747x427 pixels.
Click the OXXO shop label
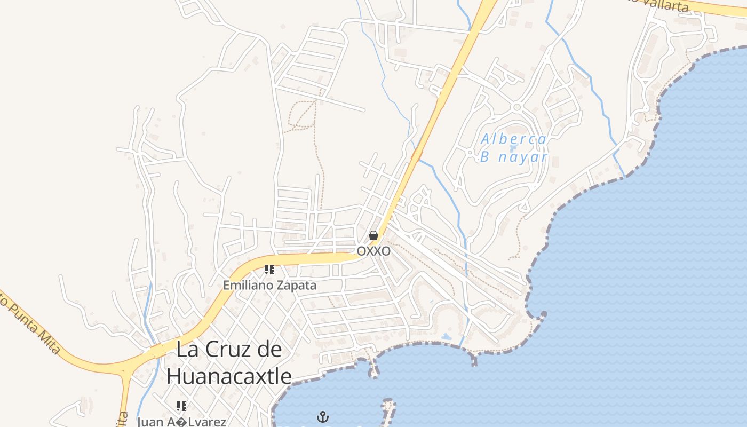click(x=373, y=251)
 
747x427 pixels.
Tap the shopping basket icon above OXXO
click(x=373, y=235)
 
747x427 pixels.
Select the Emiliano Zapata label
click(x=269, y=285)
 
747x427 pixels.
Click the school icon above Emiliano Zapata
click(x=269, y=270)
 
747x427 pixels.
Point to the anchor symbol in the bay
click(x=322, y=416)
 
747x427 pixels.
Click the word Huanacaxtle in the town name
click(x=229, y=376)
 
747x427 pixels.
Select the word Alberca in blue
click(x=513, y=140)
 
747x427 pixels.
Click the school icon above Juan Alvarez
click(x=181, y=406)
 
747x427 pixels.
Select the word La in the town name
click(x=186, y=350)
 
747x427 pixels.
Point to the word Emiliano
click(x=247, y=285)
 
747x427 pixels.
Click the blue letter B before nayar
click(x=484, y=157)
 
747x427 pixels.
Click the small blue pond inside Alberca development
click(x=513, y=148)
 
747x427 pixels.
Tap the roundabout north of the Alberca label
click(x=516, y=107)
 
